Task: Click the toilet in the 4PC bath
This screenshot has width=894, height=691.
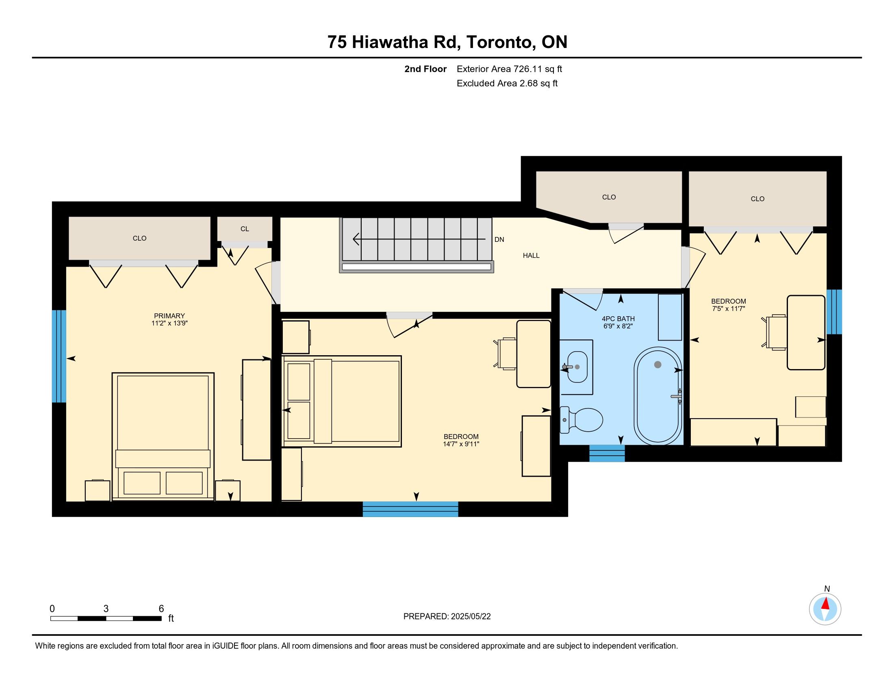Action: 581,419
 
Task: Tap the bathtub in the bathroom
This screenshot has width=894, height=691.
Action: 658,395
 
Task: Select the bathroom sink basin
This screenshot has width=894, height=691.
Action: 577,367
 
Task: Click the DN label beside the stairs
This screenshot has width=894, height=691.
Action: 499,239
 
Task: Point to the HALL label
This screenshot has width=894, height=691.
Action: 531,255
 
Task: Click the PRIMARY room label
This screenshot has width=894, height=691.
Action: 169,315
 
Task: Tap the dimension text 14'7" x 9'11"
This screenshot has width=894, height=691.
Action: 461,444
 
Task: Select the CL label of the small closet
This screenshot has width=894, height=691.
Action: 245,229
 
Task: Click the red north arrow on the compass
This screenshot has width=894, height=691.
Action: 825,604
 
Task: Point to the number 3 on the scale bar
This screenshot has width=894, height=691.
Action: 106,609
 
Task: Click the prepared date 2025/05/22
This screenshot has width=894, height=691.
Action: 470,617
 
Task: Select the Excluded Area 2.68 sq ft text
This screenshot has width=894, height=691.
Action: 507,83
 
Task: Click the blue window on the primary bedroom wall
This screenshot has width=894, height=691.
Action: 59,356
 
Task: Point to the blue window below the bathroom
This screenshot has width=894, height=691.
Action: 607,453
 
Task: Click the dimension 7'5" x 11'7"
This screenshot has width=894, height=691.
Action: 728,309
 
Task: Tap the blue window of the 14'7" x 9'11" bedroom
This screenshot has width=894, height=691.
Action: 410,509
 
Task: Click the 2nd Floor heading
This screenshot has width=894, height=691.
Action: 425,69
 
